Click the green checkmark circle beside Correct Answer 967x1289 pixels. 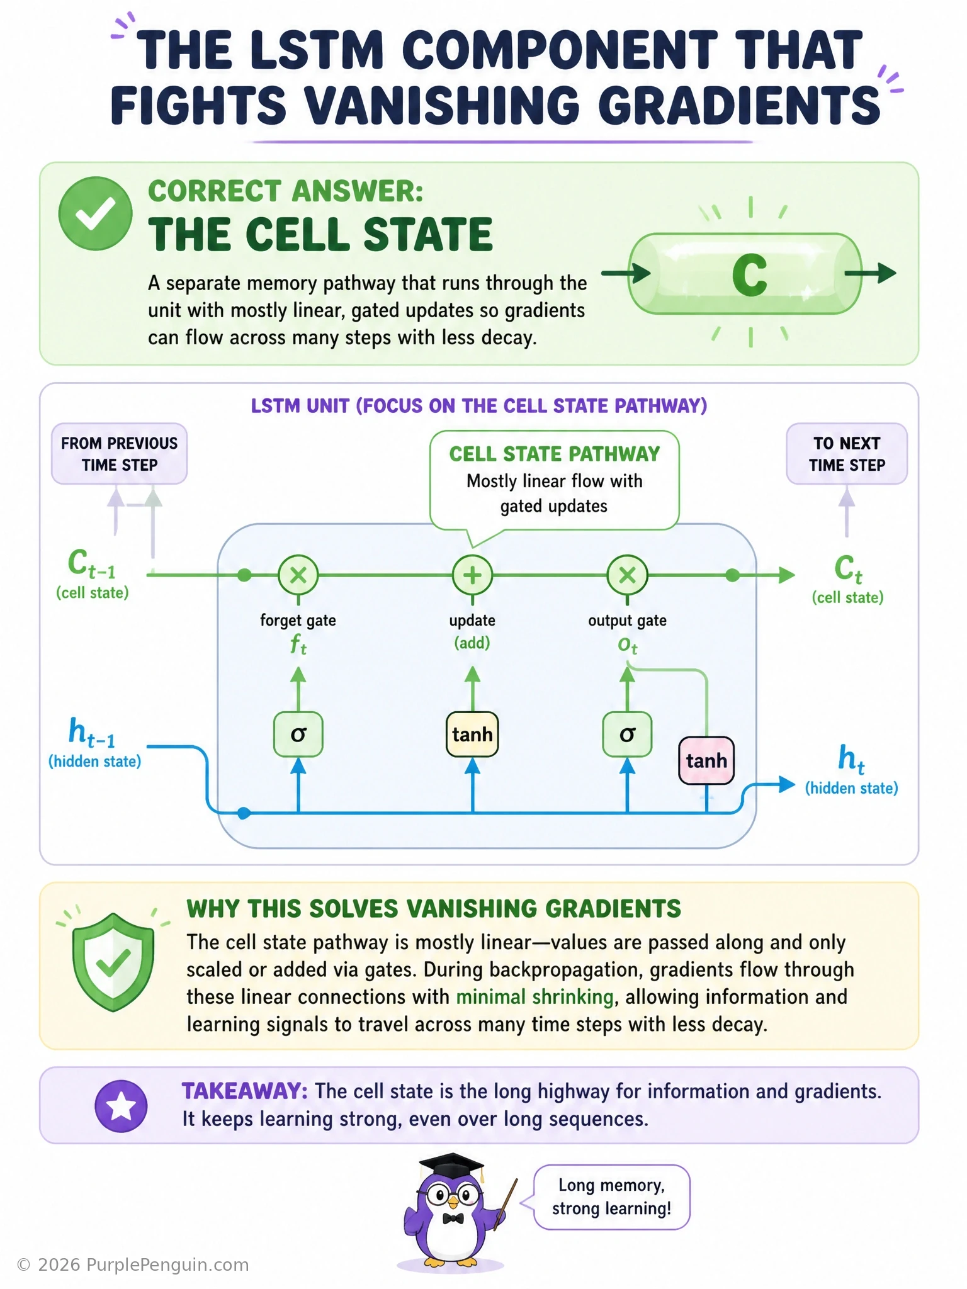pos(95,213)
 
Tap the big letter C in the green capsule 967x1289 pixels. pos(749,275)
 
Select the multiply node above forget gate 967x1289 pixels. pos(298,575)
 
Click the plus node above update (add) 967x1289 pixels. pos(472,575)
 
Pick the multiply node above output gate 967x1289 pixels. pos(627,575)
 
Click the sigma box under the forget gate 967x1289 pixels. pos(298,734)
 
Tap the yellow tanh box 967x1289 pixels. pos(472,734)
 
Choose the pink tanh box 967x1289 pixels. pos(706,760)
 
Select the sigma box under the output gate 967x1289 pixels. pos(627,734)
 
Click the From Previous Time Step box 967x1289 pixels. pos(120,454)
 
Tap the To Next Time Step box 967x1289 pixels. pos(847,454)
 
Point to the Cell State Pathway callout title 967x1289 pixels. pos(555,454)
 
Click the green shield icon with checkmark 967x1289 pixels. pos(113,961)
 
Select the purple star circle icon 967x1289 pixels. pos(121,1106)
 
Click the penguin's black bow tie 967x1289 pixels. pos(453,1219)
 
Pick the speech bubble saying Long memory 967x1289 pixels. pos(612,1197)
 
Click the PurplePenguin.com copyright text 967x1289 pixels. pos(133,1265)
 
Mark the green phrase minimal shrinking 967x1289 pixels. pos(535,997)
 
